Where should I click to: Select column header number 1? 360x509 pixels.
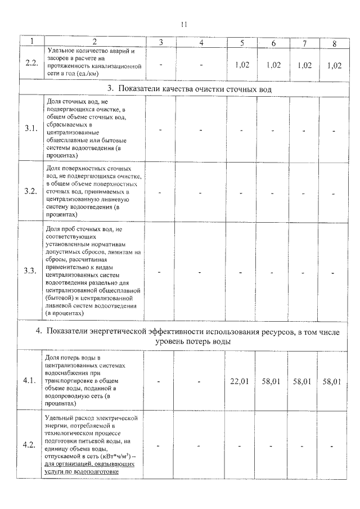31,42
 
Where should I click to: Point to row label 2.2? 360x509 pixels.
31,63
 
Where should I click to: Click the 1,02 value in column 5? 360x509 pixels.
241,65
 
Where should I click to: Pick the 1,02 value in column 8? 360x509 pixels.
334,65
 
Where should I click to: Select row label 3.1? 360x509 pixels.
31,129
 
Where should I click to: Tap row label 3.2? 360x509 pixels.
31,191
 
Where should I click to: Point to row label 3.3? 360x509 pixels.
31,271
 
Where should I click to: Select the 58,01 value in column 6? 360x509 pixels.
272,382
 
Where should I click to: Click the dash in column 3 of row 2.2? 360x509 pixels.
161,64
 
